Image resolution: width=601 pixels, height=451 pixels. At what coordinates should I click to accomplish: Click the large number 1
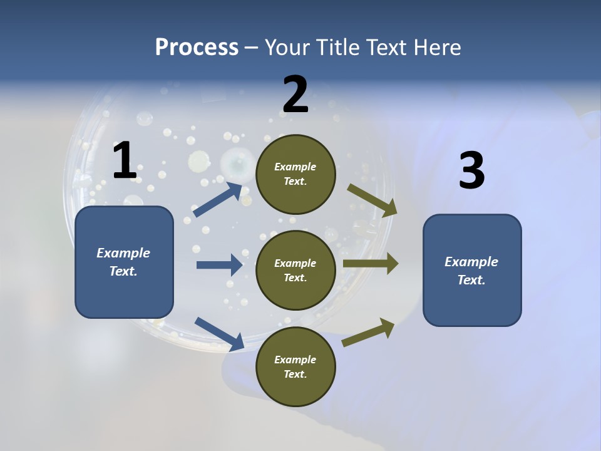pos(125,161)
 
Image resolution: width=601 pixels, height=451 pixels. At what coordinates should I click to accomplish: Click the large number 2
pos(295,95)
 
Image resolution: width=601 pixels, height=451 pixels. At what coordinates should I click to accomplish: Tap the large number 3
pos(471,171)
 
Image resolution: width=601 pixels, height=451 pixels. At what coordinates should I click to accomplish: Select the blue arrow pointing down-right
pos(219,333)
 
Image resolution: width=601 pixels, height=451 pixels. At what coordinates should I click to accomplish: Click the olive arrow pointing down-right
pos(372,200)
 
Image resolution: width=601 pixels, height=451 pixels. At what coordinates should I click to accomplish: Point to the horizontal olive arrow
pos(371,264)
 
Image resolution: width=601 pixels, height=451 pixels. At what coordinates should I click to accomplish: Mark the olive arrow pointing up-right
pos(368,333)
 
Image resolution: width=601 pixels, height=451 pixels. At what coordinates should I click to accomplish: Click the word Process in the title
pos(197,47)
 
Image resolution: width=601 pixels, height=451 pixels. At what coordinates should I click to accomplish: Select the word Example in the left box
pos(123,253)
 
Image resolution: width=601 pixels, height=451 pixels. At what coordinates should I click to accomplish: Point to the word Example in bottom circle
pos(295,360)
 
